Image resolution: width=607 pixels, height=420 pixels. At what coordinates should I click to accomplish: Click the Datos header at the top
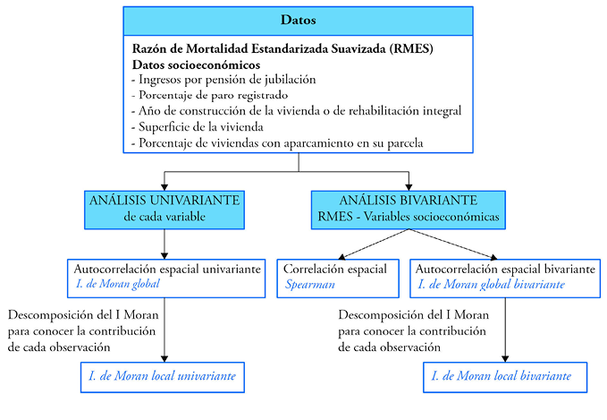[x=298, y=19]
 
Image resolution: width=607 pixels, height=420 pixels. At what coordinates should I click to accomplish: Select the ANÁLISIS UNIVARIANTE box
[x=164, y=207]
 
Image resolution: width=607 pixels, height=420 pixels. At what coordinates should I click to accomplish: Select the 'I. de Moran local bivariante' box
[x=504, y=376]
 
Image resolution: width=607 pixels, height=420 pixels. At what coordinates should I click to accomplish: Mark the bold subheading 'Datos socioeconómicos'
[x=196, y=64]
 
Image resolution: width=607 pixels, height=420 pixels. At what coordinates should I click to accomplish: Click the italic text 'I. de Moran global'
[x=124, y=284]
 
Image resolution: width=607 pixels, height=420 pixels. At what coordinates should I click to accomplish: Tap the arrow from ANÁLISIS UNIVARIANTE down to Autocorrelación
[x=164, y=243]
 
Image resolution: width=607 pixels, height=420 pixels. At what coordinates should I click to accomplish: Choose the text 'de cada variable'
[x=164, y=216]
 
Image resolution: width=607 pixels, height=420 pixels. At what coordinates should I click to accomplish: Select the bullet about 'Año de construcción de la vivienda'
[x=295, y=111]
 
